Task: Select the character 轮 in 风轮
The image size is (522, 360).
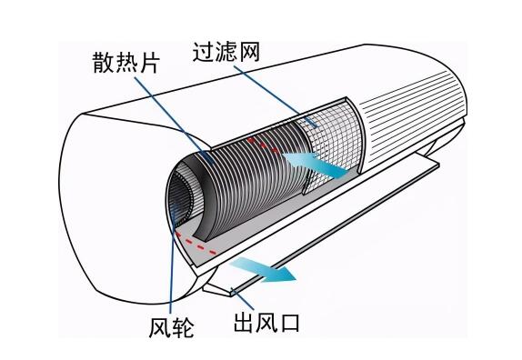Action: (x=183, y=325)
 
